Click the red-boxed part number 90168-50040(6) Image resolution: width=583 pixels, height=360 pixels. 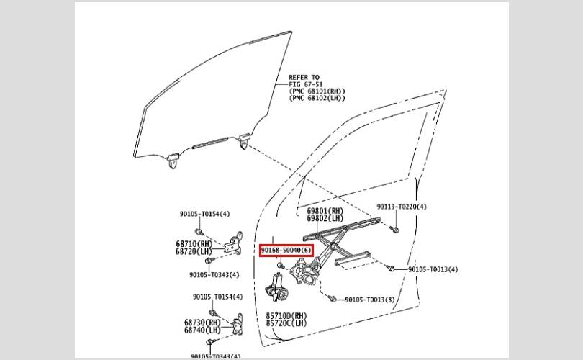pos(286,251)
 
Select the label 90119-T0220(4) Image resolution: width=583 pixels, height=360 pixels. pos(402,207)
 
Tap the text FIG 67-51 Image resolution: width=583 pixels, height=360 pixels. pos(306,84)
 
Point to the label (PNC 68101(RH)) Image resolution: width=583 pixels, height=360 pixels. pos(317,91)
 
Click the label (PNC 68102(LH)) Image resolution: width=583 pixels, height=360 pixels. pos(317,98)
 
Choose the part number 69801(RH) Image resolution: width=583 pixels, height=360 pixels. pos(325,211)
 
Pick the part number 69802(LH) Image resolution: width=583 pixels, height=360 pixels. pos(325,218)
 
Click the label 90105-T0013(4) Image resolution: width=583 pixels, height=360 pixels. pos(433,269)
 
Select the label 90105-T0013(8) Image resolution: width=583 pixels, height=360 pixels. pos(370,300)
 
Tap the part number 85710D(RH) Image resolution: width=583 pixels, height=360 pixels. pos(286,316)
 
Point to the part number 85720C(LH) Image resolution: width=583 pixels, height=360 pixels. pos(286,323)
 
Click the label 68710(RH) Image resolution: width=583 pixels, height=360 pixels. pos(194,244)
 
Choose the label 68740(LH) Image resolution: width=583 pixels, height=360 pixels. pos(202,330)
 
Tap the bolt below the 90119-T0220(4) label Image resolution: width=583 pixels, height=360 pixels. pos(395,230)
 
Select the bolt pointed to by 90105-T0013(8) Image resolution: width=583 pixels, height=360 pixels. pos(332,298)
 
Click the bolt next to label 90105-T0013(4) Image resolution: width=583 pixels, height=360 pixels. pos(390,267)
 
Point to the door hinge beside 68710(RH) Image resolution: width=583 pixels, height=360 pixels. pos(234,243)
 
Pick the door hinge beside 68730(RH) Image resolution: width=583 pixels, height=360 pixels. pos(238,324)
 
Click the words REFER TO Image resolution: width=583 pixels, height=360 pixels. pos(304,77)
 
